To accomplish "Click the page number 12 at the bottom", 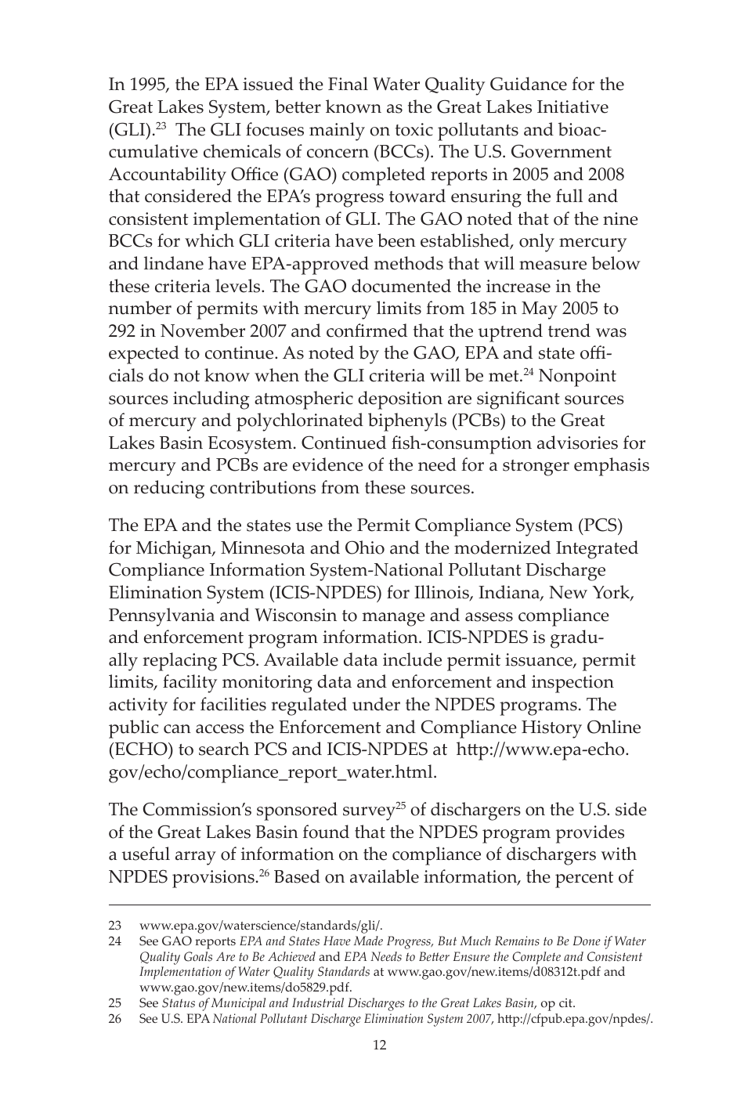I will [x=379, y=1045].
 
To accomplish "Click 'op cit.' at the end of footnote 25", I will [x=557, y=1003].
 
